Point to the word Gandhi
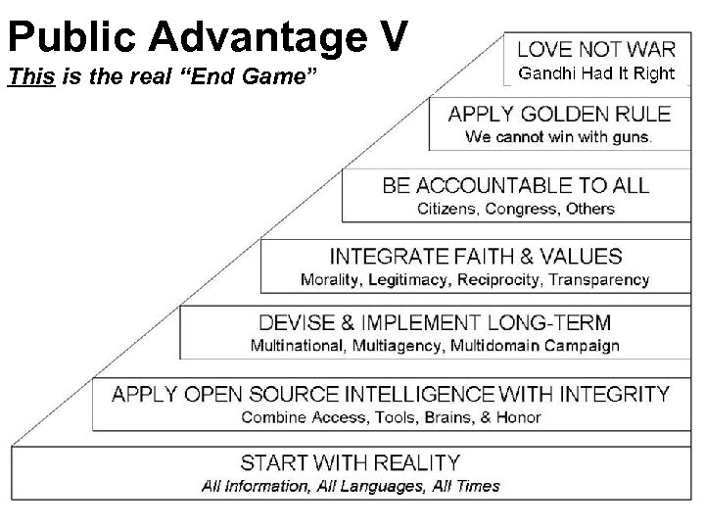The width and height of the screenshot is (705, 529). (542, 73)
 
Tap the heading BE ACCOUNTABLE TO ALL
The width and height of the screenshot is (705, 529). (516, 185)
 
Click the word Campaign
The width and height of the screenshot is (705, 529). (583, 345)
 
